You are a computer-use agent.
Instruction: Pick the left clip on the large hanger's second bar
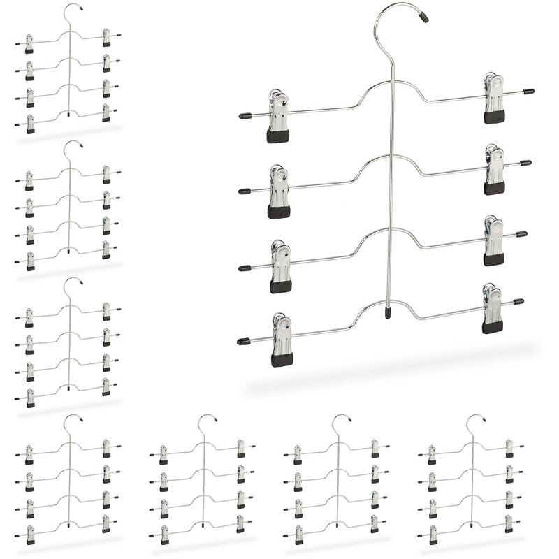(278, 190)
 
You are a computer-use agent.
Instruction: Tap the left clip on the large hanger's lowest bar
(282, 339)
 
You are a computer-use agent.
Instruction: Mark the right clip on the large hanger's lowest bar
(492, 307)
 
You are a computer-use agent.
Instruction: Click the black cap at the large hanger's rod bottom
(388, 313)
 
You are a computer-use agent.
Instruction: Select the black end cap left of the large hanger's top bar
(245, 115)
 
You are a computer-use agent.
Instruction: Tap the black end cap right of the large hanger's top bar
(529, 92)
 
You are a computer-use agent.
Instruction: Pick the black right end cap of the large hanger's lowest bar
(518, 302)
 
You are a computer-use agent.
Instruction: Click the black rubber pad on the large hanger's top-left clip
(277, 136)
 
